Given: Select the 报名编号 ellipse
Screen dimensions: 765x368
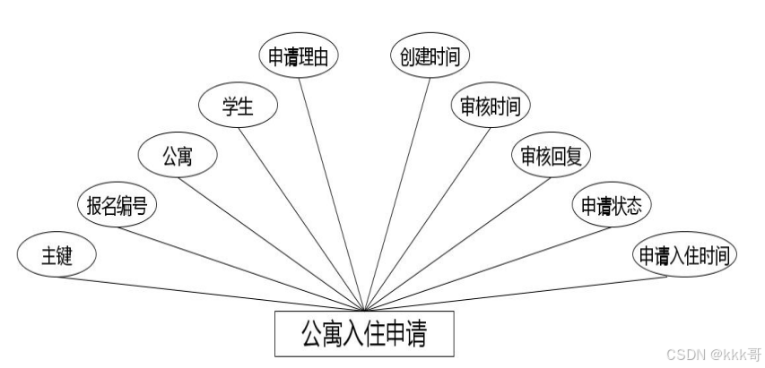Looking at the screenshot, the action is tap(117, 207).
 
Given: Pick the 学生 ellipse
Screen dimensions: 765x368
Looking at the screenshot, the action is tap(238, 107).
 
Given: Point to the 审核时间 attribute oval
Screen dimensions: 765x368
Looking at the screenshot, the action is tap(491, 107).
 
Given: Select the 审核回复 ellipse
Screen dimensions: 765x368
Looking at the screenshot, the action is tap(552, 156).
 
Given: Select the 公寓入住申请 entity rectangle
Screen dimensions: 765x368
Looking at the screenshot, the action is tap(363, 334).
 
